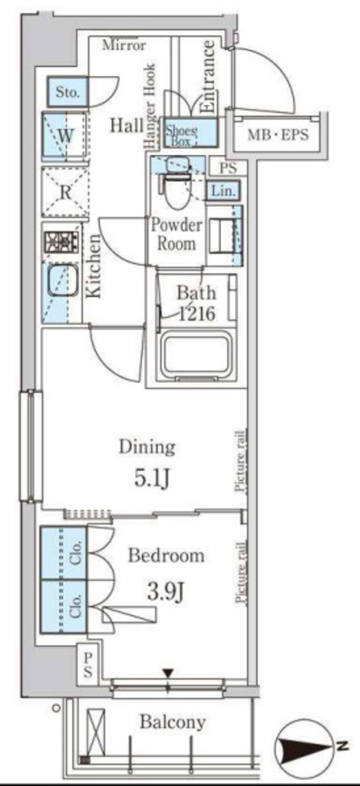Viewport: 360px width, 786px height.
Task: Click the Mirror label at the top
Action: pos(124,45)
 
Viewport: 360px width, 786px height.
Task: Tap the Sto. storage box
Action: pos(68,92)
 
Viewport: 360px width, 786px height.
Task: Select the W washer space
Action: pos(64,136)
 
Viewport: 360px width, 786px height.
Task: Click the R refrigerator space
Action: pos(65,193)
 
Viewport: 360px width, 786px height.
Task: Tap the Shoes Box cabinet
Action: pos(191,133)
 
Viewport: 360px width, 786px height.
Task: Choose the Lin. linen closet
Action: pos(223,190)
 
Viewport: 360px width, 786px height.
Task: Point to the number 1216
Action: pos(197,314)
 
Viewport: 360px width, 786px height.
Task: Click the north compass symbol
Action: pos(309,747)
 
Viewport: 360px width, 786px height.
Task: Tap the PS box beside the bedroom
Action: pos(88,665)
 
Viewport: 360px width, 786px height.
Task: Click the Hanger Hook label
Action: pos(150,106)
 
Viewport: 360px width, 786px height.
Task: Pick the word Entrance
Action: pos(208,77)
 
